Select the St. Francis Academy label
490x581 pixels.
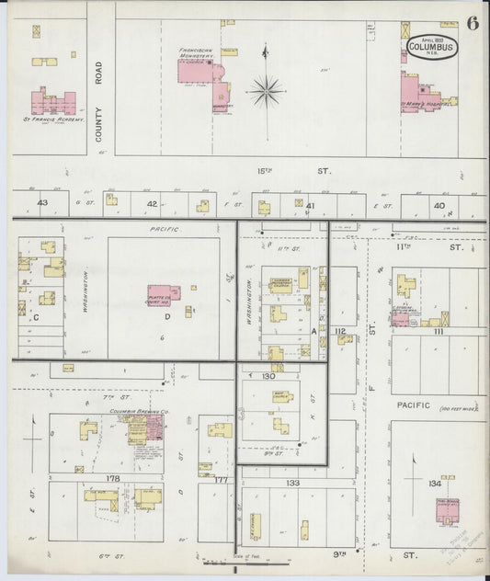[x=53, y=120]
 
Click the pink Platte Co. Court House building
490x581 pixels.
[x=164, y=295]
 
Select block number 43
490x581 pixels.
[x=42, y=202]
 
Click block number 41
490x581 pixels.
[x=312, y=205]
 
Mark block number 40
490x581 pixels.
[x=440, y=204]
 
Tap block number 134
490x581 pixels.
[x=435, y=483]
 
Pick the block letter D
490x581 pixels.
[x=167, y=317]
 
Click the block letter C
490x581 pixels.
[x=37, y=317]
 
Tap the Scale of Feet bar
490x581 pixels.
[x=223, y=559]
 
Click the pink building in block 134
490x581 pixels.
[x=449, y=511]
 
